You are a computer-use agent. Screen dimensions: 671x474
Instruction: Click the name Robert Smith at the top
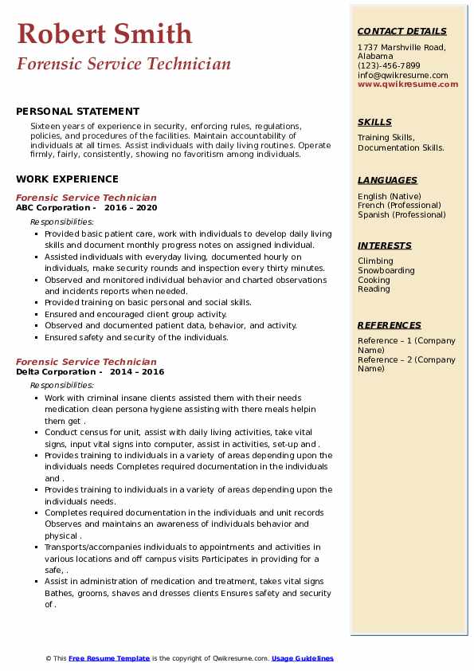click(104, 33)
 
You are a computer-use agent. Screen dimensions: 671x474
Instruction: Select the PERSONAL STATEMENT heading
click(77, 112)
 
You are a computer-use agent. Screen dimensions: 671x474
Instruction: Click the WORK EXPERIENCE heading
click(67, 179)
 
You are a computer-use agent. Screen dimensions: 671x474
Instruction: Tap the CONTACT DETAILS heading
click(402, 31)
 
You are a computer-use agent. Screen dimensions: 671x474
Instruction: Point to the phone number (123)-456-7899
click(389, 66)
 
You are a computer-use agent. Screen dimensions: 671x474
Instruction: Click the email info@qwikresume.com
click(402, 76)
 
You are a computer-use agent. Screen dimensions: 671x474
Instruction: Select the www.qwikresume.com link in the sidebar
click(402, 84)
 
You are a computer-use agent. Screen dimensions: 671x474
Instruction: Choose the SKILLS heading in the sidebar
click(374, 122)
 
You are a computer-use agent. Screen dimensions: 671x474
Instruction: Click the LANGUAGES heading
click(387, 180)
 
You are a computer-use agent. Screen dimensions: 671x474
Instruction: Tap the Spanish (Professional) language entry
click(402, 215)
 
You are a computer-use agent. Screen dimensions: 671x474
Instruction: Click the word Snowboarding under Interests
click(386, 271)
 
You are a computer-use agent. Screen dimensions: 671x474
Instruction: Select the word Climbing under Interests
click(375, 261)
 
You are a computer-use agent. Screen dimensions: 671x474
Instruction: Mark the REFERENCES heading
click(390, 325)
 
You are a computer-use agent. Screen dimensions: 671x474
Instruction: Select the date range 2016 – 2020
click(131, 208)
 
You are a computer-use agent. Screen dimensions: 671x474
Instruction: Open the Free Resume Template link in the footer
click(109, 658)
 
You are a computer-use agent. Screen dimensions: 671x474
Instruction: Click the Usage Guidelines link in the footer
click(303, 658)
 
